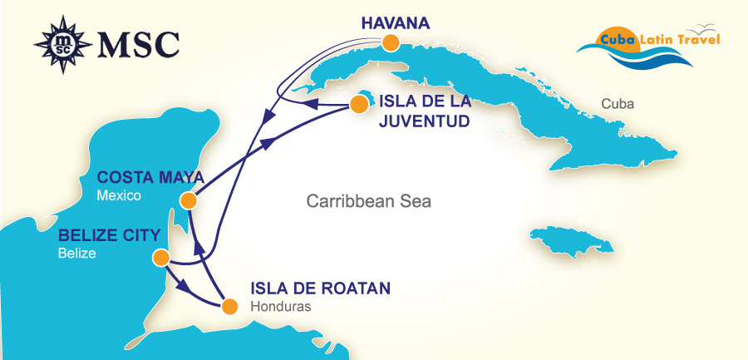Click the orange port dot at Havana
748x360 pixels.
pos(390,42)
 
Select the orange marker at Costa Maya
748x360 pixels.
pos(189,200)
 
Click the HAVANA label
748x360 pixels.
pos(396,22)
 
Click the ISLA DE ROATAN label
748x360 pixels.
pos(319,289)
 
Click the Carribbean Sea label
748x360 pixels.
pos(369,201)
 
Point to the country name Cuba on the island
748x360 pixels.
pos(618,105)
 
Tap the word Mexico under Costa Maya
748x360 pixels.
pos(119,196)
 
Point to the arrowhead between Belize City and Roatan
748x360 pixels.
pos(188,291)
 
